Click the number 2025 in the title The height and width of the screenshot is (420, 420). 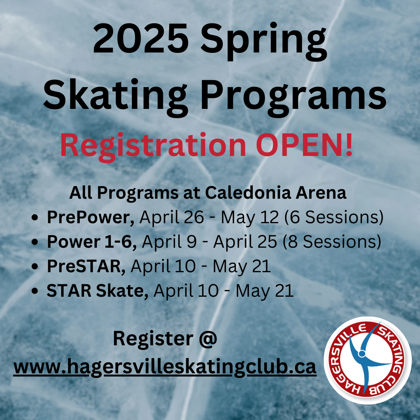coord(141,38)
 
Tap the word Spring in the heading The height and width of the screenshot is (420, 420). coord(264,42)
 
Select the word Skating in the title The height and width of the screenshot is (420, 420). coord(115,97)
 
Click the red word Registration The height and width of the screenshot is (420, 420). coord(153,146)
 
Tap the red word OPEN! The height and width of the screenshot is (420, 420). coord(304,144)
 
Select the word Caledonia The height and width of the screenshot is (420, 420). coord(248,192)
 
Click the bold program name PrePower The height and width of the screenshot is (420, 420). coord(91,217)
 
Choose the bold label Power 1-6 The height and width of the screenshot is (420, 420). coord(92,242)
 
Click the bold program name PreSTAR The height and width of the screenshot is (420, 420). coord(86,266)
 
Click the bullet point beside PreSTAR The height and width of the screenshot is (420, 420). coord(35,266)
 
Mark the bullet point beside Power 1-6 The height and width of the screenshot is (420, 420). coord(35,242)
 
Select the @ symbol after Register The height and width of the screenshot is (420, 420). coord(208,339)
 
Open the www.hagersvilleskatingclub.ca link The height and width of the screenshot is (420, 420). coord(165,367)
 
